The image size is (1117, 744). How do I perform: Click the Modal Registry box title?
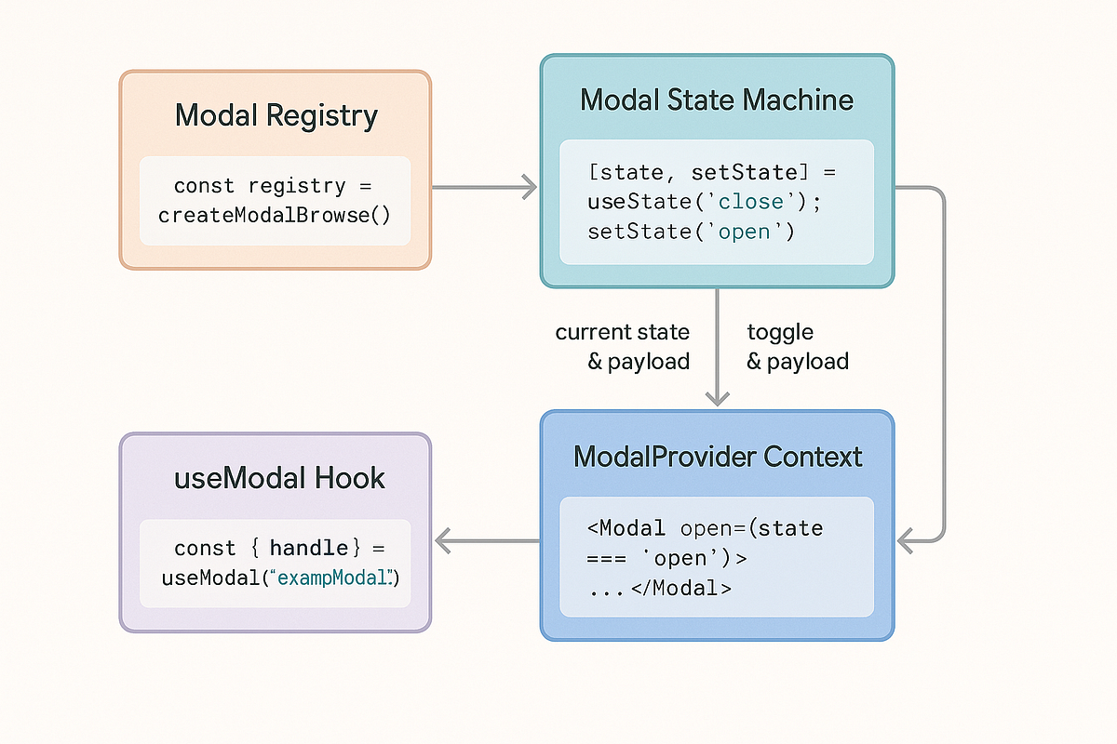tap(276, 116)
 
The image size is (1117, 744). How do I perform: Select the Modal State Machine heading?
tap(717, 100)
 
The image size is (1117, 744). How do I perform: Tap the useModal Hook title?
tap(279, 479)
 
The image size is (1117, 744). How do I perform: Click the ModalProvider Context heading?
tap(718, 457)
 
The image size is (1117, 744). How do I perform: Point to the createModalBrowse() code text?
tap(274, 216)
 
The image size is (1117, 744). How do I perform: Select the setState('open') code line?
tap(691, 232)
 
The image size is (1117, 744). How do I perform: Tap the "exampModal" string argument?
tap(330, 578)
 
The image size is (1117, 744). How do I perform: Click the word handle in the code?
tap(309, 549)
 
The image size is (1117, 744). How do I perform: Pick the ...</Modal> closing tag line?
tap(659, 589)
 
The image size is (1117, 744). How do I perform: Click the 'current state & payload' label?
tap(623, 347)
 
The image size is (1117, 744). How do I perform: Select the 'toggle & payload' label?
tap(797, 347)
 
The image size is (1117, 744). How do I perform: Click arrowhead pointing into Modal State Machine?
tap(531, 187)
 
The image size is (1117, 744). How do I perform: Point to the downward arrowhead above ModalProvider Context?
tap(717, 398)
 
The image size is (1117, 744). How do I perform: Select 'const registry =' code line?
tap(260, 186)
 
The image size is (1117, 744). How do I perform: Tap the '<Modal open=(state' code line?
tap(705, 529)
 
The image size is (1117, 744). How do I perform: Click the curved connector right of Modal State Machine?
tap(944, 363)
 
